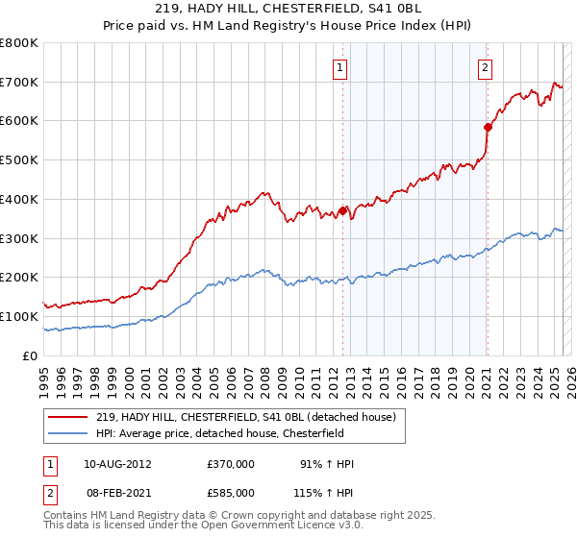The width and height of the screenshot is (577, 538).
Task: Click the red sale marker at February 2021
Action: click(488, 126)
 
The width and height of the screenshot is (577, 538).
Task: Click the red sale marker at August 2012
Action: click(343, 210)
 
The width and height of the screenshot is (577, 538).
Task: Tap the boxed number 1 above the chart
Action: click(341, 67)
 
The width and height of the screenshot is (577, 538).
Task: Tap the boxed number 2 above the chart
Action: click(486, 67)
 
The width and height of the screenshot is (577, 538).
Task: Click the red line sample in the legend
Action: click(68, 416)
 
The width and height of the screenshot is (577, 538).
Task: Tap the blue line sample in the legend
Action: click(68, 432)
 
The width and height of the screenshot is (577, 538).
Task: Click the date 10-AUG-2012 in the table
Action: click(117, 464)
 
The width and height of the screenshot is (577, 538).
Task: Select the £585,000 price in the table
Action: click(231, 492)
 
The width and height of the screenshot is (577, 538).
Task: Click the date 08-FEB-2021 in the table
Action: click(117, 492)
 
